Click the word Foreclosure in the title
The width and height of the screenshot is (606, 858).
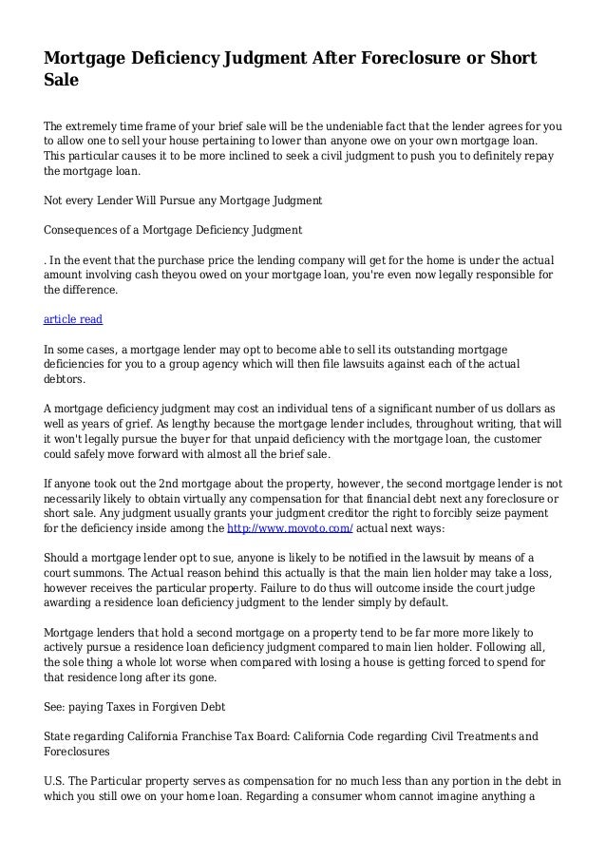point(398,60)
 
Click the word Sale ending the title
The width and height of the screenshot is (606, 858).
point(62,83)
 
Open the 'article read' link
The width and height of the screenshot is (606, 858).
point(73,319)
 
